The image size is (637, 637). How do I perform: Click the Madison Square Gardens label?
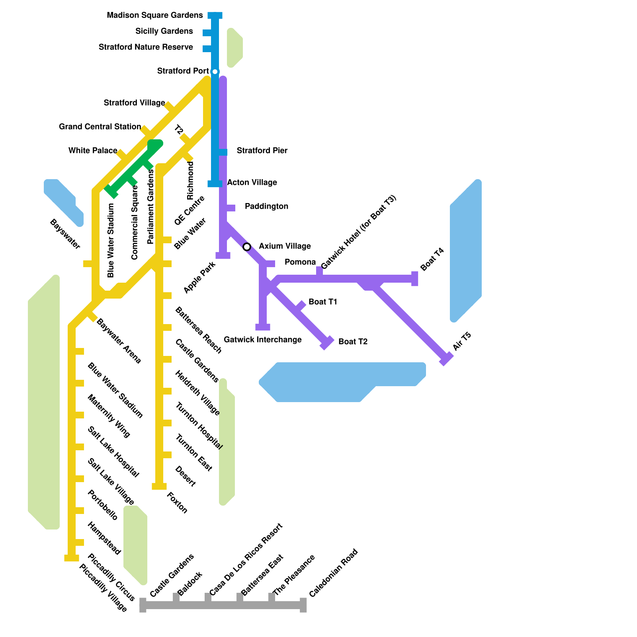click(154, 16)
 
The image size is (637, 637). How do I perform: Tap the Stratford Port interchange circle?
click(215, 72)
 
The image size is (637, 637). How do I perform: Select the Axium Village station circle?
click(247, 247)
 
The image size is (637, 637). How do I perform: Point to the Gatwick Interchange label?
click(262, 340)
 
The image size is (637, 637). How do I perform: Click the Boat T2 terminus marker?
click(327, 343)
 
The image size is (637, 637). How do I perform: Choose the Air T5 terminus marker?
click(446, 359)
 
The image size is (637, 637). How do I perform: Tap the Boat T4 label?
click(432, 260)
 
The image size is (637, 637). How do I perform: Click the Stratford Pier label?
click(262, 150)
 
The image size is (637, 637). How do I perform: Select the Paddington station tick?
click(230, 208)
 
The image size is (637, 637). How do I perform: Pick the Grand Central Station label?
click(100, 127)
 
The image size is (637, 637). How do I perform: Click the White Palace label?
click(93, 150)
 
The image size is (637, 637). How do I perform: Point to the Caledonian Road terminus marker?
click(303, 605)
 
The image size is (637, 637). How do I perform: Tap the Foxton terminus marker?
click(159, 487)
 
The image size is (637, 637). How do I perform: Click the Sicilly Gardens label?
click(164, 31)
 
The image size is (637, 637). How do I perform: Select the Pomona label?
click(300, 262)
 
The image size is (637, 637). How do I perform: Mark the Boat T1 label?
click(322, 302)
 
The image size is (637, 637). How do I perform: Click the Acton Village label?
click(252, 182)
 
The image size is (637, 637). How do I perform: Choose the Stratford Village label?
click(134, 103)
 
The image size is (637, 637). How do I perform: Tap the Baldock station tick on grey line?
click(176, 598)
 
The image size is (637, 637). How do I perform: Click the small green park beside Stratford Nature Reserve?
click(234, 48)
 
